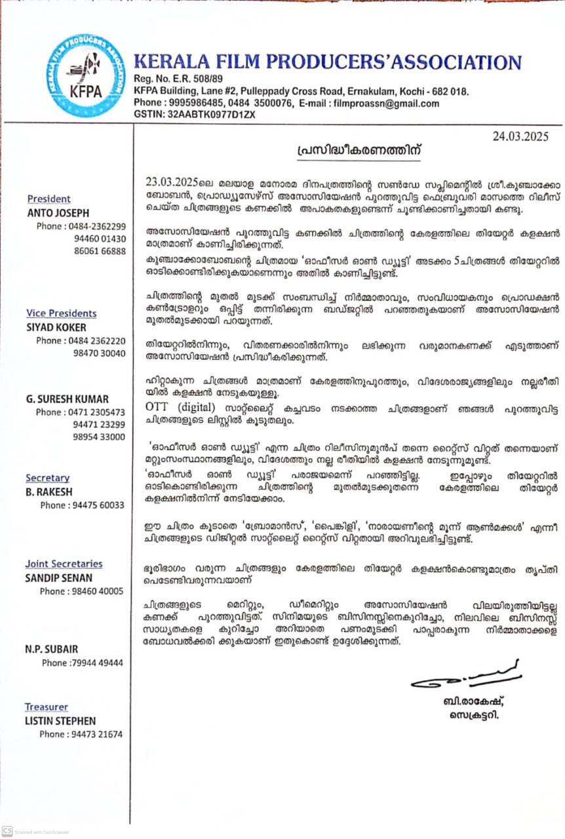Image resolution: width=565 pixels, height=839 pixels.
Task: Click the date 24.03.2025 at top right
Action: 521,136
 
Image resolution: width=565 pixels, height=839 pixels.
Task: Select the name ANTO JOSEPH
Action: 58,212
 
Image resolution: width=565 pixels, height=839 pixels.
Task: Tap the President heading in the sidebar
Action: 49,199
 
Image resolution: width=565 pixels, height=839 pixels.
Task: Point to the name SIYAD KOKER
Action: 57,326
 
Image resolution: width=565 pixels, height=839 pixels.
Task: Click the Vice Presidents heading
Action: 61,313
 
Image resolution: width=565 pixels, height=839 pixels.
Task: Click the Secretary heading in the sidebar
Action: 47,478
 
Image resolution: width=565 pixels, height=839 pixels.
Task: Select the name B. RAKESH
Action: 50,491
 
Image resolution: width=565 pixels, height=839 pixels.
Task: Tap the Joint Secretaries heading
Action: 64,564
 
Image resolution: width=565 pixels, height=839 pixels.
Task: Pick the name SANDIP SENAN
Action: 59,577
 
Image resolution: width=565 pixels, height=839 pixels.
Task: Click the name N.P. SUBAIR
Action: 52,649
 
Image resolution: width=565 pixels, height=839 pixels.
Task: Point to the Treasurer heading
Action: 46,707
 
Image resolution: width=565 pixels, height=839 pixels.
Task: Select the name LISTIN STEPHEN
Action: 60,720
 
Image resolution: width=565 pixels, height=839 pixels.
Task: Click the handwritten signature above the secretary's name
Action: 465,676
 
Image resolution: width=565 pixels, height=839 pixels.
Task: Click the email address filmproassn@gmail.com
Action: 386,104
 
